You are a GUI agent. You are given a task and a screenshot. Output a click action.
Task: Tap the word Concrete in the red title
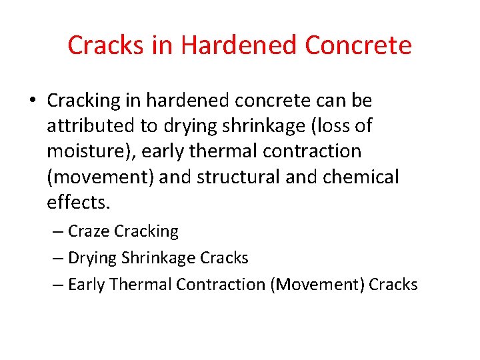tap(358, 45)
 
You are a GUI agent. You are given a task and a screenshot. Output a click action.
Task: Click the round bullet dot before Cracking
tap(33, 101)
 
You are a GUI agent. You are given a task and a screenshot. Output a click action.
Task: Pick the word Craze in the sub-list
tap(89, 231)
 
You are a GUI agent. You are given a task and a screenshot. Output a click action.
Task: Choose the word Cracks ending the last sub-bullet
tap(393, 285)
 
